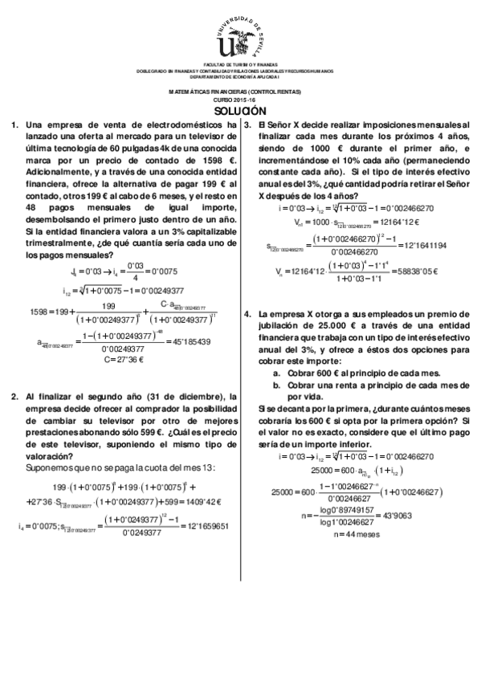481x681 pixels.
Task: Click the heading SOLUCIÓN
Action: (x=240, y=111)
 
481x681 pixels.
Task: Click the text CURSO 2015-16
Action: (x=240, y=100)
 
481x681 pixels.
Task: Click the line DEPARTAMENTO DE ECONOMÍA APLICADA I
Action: (x=240, y=76)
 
